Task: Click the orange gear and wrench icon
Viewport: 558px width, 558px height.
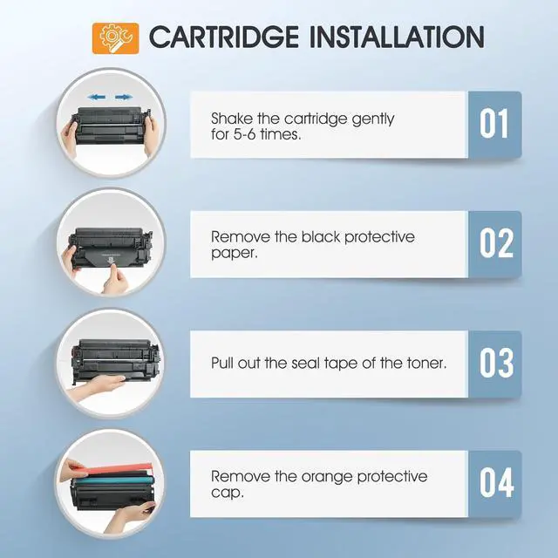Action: pyautogui.click(x=116, y=38)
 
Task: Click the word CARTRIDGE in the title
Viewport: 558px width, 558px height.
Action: pyautogui.click(x=224, y=37)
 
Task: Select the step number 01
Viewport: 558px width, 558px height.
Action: pyautogui.click(x=494, y=124)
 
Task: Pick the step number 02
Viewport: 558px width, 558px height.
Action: pyautogui.click(x=496, y=243)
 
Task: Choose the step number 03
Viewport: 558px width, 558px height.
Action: pyautogui.click(x=496, y=363)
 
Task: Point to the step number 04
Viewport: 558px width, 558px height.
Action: pyautogui.click(x=496, y=482)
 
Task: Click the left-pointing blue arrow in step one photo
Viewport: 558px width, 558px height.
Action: pyautogui.click(x=97, y=97)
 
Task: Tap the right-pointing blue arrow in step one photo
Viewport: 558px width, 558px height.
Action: pyautogui.click(x=124, y=97)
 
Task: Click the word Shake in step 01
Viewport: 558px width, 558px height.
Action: pyautogui.click(x=232, y=119)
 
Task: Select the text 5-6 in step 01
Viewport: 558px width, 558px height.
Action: pyautogui.click(x=244, y=134)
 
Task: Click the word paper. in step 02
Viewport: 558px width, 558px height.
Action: pyautogui.click(x=234, y=254)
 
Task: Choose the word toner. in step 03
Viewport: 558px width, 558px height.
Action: pyautogui.click(x=426, y=363)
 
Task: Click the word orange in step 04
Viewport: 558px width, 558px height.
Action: pyautogui.click(x=327, y=478)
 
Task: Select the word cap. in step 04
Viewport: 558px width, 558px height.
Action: pyautogui.click(x=228, y=493)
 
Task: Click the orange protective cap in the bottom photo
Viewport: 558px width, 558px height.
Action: pyautogui.click(x=119, y=469)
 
